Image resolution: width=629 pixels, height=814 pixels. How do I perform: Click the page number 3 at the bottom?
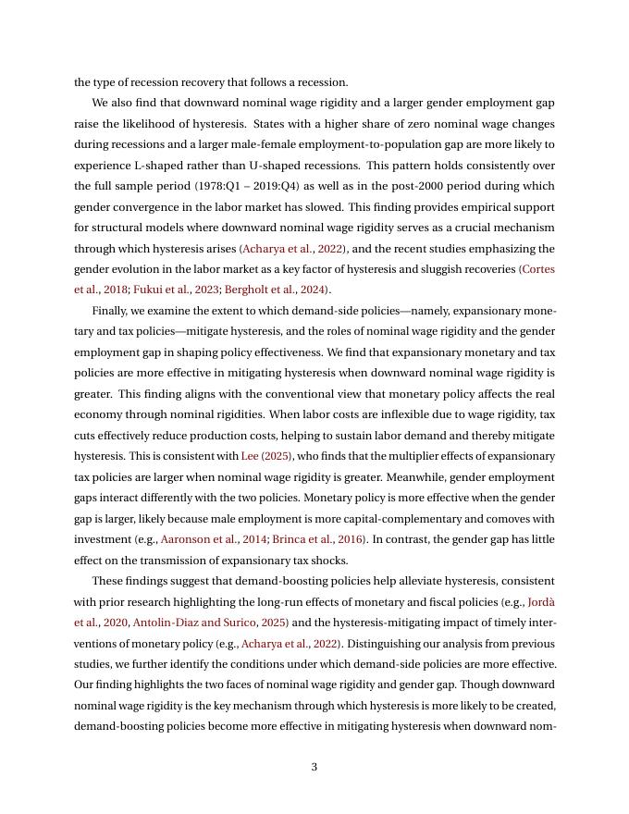coord(314,767)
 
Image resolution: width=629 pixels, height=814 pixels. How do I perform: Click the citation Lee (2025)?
coord(265,456)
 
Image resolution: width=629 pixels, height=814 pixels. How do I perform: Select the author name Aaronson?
coord(185,539)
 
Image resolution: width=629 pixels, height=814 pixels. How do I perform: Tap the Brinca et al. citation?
coord(303,539)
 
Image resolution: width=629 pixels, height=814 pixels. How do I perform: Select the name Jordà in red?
coord(541,601)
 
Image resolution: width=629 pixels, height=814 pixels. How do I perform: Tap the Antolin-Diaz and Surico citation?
coord(194,623)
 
